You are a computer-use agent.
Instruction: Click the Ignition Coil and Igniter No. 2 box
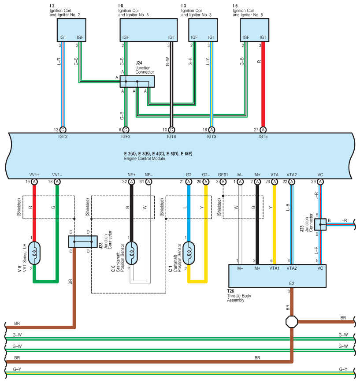(71, 30)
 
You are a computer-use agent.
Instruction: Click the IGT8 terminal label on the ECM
(171, 137)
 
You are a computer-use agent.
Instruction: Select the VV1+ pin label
(34, 175)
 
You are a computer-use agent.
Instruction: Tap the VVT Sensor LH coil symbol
(34, 252)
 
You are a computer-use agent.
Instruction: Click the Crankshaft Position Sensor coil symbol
(131, 252)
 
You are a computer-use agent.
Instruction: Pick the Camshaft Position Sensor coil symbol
(189, 252)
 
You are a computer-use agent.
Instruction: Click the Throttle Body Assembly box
(277, 276)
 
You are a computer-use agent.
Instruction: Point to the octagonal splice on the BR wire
(292, 321)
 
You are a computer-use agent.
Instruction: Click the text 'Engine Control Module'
(145, 158)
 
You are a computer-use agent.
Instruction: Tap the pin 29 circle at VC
(320, 182)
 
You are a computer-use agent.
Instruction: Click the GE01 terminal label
(223, 175)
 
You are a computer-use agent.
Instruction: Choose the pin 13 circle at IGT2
(63, 130)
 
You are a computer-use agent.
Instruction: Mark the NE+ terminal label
(131, 175)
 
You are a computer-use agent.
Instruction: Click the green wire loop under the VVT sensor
(45, 281)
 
